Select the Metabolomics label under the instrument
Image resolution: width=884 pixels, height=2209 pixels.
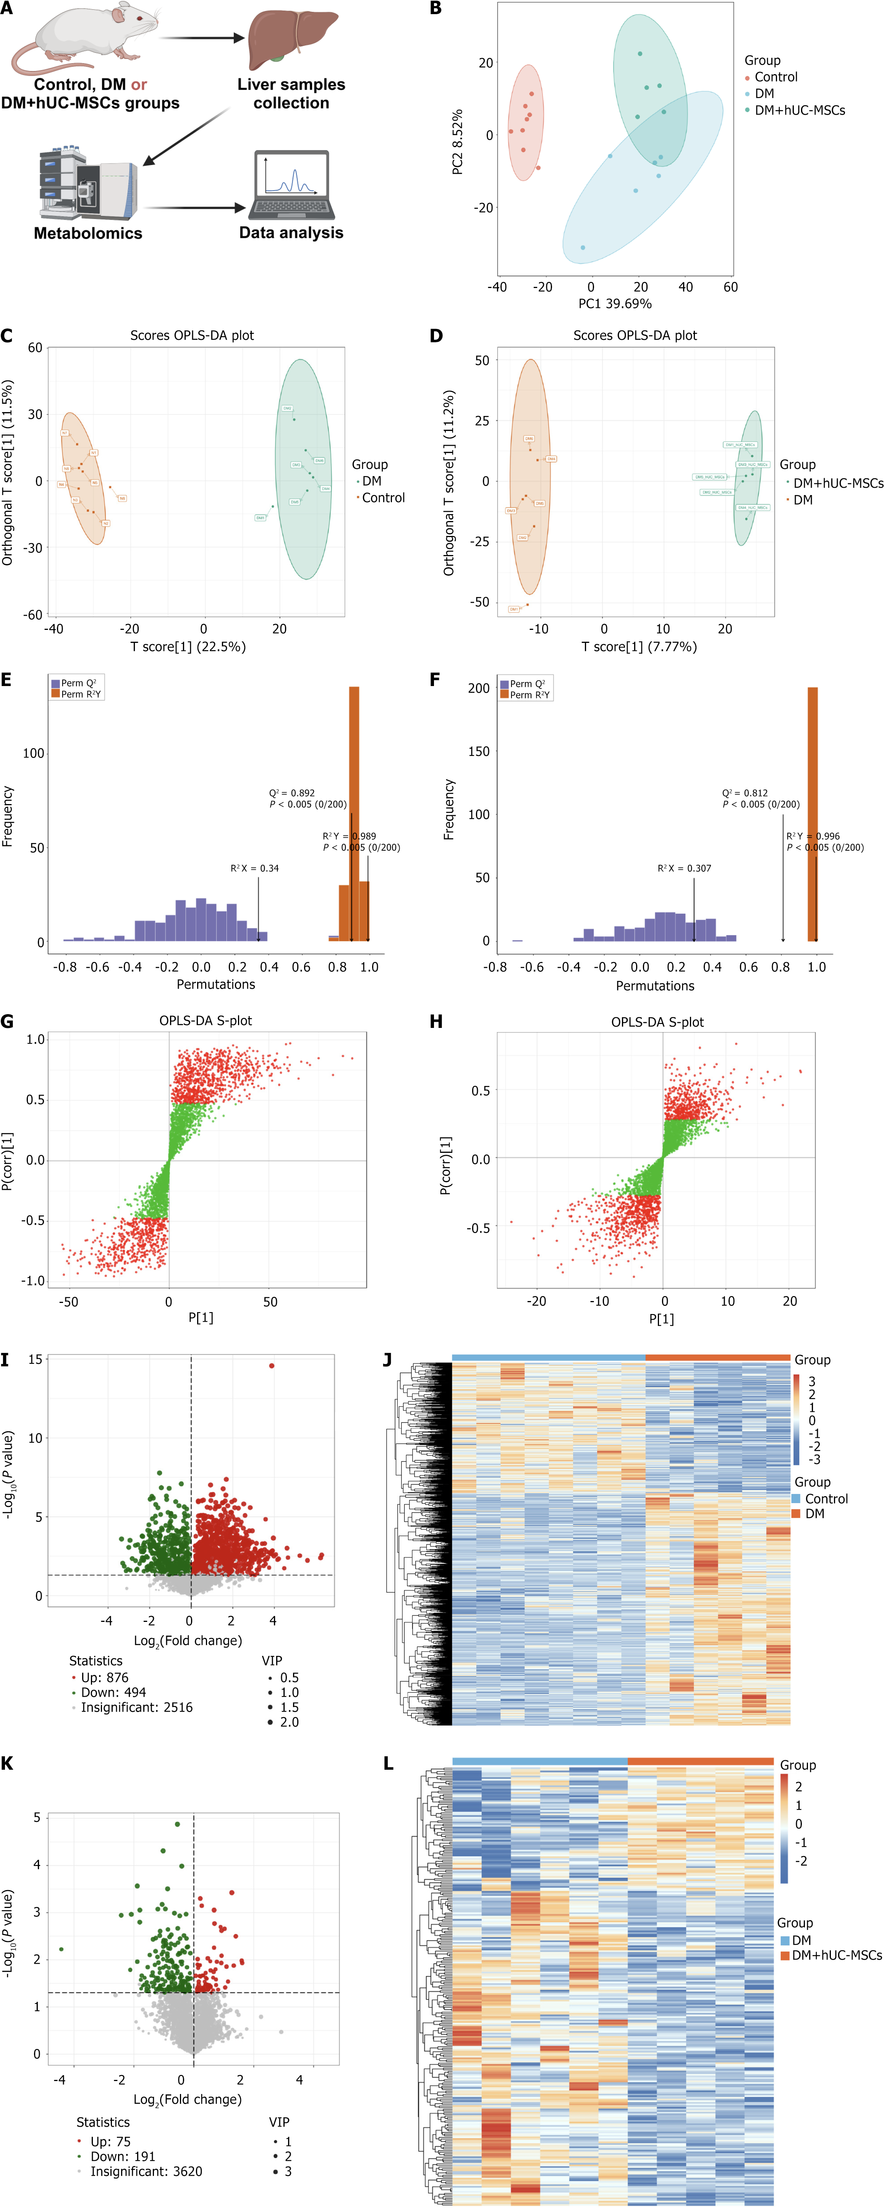click(88, 233)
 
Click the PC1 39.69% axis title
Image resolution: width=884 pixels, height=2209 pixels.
click(615, 304)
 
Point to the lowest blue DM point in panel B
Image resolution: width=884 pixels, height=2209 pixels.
click(583, 248)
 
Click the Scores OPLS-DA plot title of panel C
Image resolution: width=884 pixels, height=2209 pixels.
click(192, 335)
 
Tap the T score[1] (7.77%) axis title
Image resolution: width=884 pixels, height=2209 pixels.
click(639, 647)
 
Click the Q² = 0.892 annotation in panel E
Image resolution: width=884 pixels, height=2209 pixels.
click(292, 793)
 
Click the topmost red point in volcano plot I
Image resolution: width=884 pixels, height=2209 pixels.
click(272, 1366)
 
